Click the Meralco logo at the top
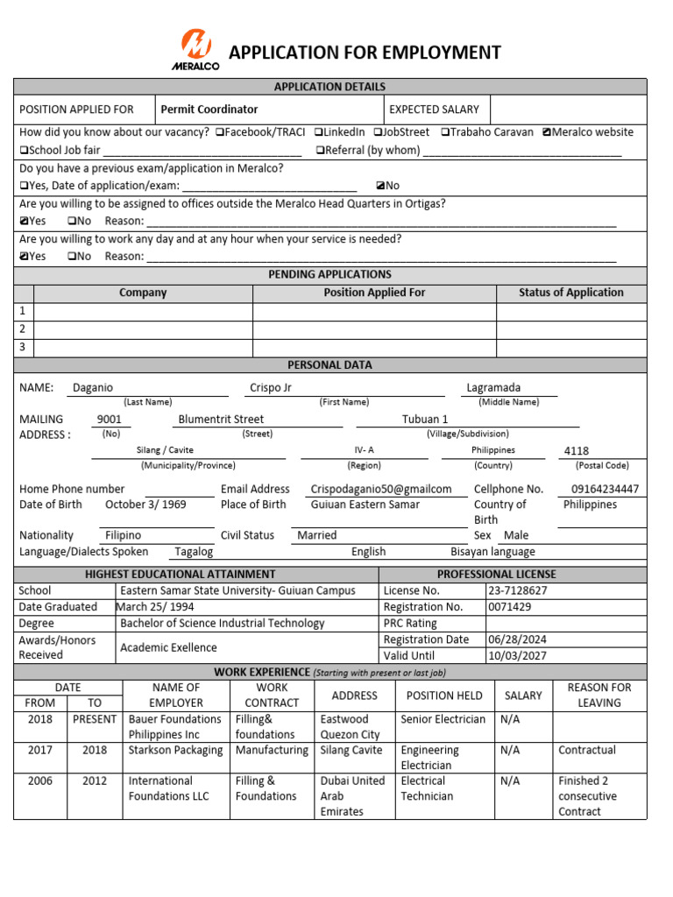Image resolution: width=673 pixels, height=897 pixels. pyautogui.click(x=195, y=50)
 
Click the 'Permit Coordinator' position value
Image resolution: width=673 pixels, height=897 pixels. pyautogui.click(x=209, y=109)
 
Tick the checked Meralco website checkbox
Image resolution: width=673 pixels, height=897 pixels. pyautogui.click(x=547, y=132)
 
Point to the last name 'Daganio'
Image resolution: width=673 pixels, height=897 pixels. pyautogui.click(x=92, y=387)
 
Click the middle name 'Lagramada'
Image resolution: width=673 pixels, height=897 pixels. pyautogui.click(x=493, y=387)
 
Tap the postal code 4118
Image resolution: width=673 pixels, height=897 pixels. pyautogui.click(x=576, y=451)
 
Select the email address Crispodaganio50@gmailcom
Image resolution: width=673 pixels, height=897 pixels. pyautogui.click(x=381, y=489)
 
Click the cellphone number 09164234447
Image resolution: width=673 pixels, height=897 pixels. pyautogui.click(x=605, y=489)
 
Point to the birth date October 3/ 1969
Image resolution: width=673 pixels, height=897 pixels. pyautogui.click(x=145, y=505)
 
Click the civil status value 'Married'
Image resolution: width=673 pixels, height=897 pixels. pyautogui.click(x=316, y=535)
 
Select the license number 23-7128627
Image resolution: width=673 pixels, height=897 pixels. pyautogui.click(x=517, y=590)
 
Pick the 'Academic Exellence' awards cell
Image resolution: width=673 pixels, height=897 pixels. pyautogui.click(x=168, y=647)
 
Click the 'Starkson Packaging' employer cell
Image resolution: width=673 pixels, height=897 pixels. pyautogui.click(x=175, y=750)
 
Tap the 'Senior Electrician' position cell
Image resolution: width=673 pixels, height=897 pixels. pyautogui.click(x=443, y=719)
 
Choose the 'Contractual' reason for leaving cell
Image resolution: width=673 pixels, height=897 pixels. pyautogui.click(x=587, y=750)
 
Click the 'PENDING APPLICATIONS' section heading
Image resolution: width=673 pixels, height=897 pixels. pyautogui.click(x=329, y=274)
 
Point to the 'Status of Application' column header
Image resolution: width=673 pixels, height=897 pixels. pyautogui.click(x=570, y=293)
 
